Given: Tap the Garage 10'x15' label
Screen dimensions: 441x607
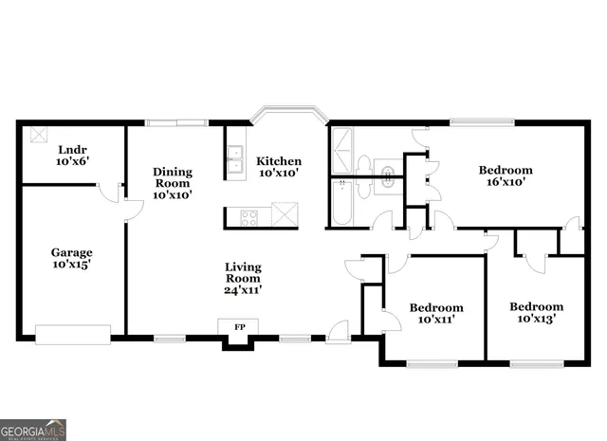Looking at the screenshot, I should point(72,259).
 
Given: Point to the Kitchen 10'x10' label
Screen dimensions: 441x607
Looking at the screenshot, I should point(280,167).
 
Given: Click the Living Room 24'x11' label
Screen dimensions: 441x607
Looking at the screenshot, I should point(243,278).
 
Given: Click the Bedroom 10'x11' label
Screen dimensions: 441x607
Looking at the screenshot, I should point(436,314).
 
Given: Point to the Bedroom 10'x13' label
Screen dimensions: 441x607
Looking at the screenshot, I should point(536,313).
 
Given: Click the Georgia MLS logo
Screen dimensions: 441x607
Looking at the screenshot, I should point(33,430).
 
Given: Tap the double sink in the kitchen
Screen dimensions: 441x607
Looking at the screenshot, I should point(236,161).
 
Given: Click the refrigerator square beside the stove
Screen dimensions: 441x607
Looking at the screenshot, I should point(285,214).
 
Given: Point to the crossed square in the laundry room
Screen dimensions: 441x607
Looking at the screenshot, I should point(39,134).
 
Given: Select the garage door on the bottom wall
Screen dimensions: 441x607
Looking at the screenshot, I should point(72,334).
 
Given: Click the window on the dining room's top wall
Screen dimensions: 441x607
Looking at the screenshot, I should point(175,121).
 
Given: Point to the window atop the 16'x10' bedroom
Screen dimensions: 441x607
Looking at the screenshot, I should point(482,121).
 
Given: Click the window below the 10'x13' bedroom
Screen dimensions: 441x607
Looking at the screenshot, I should point(537,363).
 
